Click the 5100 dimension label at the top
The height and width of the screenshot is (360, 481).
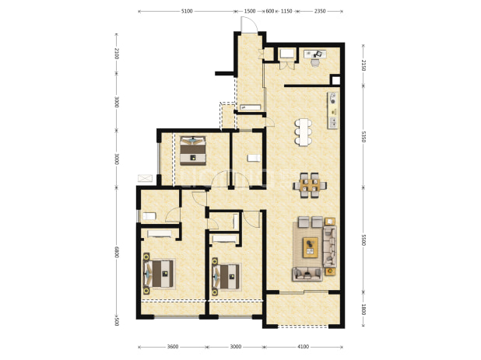click(x=187, y=12)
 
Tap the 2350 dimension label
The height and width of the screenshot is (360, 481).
click(x=320, y=12)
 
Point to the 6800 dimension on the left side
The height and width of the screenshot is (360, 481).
click(x=117, y=252)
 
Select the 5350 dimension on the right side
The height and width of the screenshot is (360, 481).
click(x=363, y=137)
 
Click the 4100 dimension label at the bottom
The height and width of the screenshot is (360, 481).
click(x=303, y=347)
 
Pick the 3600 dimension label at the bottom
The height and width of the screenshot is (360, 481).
click(x=173, y=347)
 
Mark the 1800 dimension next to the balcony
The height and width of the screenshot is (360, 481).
click(x=363, y=309)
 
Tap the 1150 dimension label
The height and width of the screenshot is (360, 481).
click(x=286, y=12)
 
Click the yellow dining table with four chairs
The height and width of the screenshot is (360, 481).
click(x=310, y=185)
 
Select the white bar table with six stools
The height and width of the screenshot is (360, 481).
click(x=304, y=132)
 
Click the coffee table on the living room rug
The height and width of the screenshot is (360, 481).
click(x=311, y=247)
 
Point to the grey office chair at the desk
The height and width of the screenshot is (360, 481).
click(x=315, y=62)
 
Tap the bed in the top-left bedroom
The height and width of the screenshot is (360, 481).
click(x=193, y=151)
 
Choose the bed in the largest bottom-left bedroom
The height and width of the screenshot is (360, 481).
click(x=159, y=274)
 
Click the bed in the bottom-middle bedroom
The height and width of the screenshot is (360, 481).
click(x=226, y=277)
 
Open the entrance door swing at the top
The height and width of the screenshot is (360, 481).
click(x=248, y=24)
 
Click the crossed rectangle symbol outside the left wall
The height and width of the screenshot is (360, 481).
click(x=145, y=178)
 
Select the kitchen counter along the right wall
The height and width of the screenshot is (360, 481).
click(x=333, y=110)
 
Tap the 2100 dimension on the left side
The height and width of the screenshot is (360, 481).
click(x=117, y=54)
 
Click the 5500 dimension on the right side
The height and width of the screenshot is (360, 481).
click(x=363, y=240)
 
